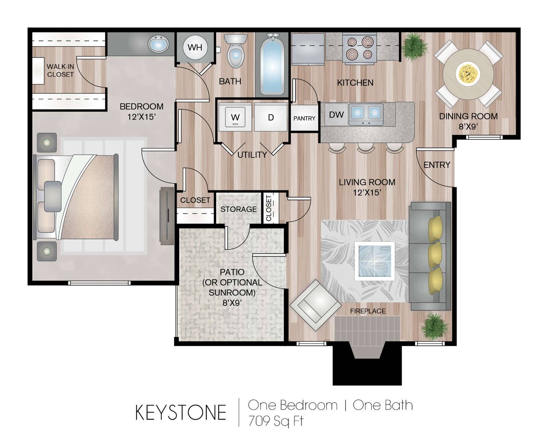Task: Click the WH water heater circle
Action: point(195,47)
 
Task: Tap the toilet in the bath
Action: point(236,51)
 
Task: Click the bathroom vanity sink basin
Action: point(158,45)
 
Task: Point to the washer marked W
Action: point(235,118)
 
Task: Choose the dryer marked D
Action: point(271,118)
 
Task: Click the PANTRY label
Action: point(304,119)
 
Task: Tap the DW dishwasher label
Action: point(336,115)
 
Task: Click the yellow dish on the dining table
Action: point(468,74)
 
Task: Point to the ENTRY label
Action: point(437,165)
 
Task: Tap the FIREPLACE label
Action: point(368,311)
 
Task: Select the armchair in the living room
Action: point(315,305)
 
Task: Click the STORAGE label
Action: point(239,209)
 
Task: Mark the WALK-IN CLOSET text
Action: point(60,71)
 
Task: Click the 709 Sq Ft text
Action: point(276,421)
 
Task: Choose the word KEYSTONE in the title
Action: point(181,413)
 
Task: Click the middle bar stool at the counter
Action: point(366,148)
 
